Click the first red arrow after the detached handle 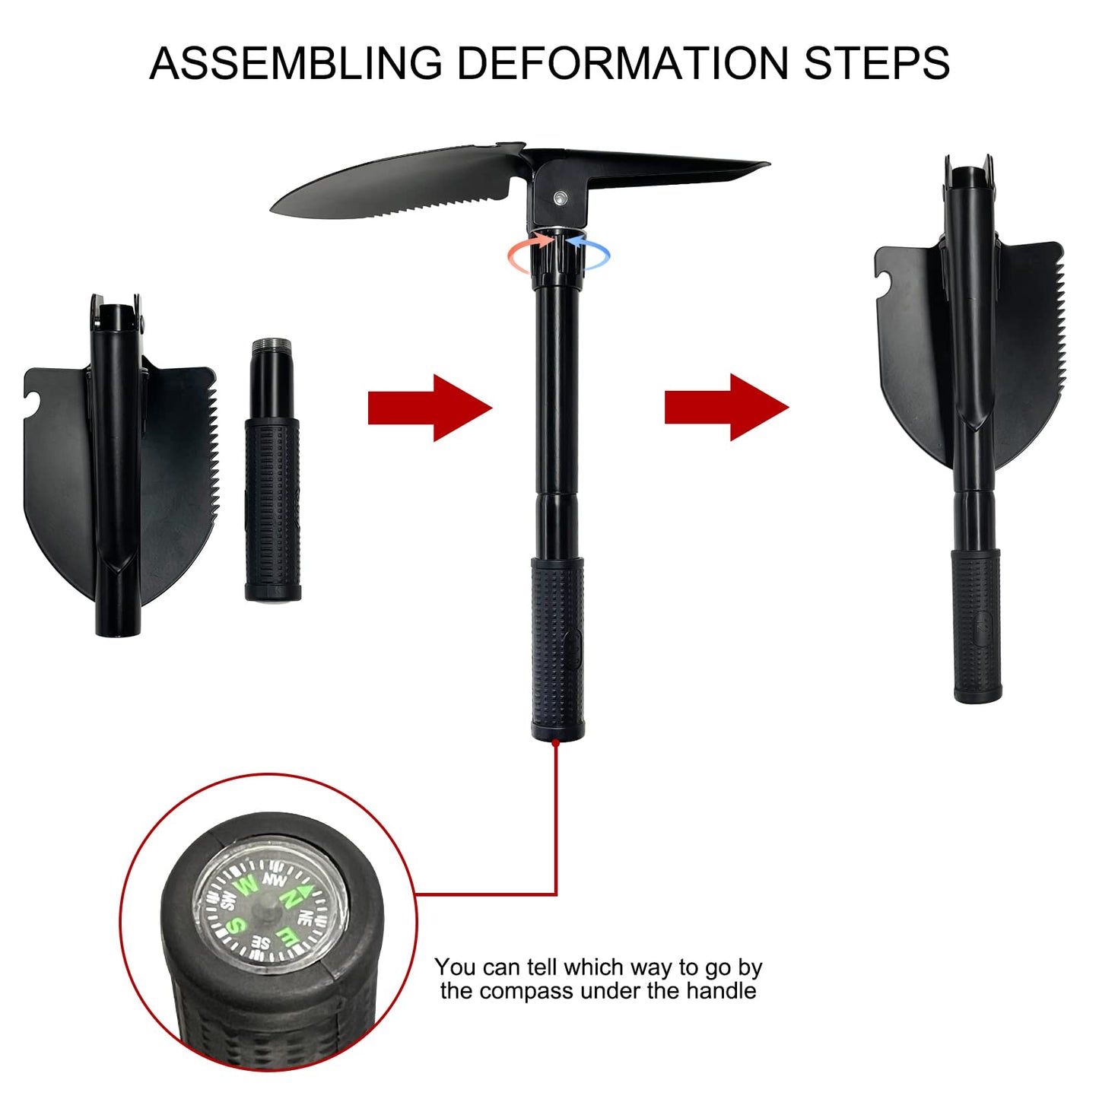tap(430, 408)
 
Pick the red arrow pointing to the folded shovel tap(726, 408)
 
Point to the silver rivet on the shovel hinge tap(561, 199)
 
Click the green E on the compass tap(287, 936)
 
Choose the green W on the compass tap(246, 885)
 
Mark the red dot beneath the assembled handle tap(557, 742)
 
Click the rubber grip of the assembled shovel tap(557, 646)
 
